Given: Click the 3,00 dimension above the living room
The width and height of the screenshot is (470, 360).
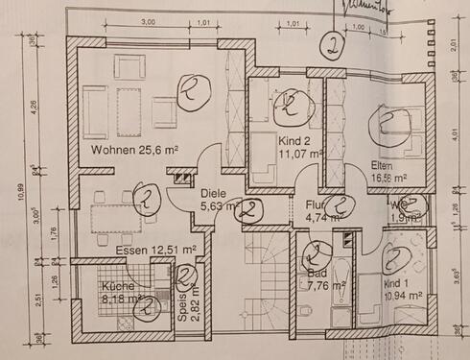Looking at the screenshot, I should tap(149, 20).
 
